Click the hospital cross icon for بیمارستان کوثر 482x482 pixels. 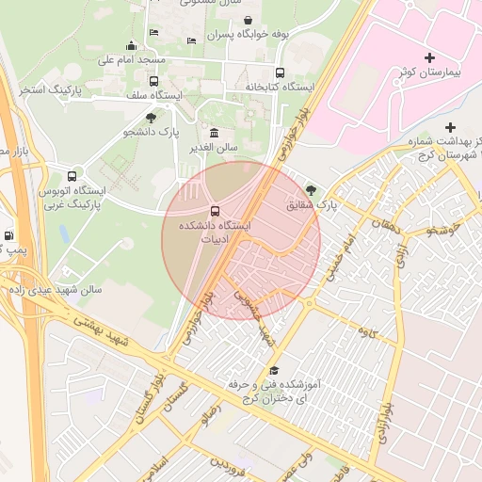430,59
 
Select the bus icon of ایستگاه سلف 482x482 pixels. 153,81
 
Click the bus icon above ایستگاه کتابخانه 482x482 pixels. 280,72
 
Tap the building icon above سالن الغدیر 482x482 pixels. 215,133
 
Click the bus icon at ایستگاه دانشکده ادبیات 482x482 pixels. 215,211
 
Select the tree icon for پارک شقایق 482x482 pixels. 312,189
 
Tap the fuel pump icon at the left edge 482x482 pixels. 8,236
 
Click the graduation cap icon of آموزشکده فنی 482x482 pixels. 274,371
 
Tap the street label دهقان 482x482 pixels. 387,225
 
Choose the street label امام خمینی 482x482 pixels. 341,259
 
